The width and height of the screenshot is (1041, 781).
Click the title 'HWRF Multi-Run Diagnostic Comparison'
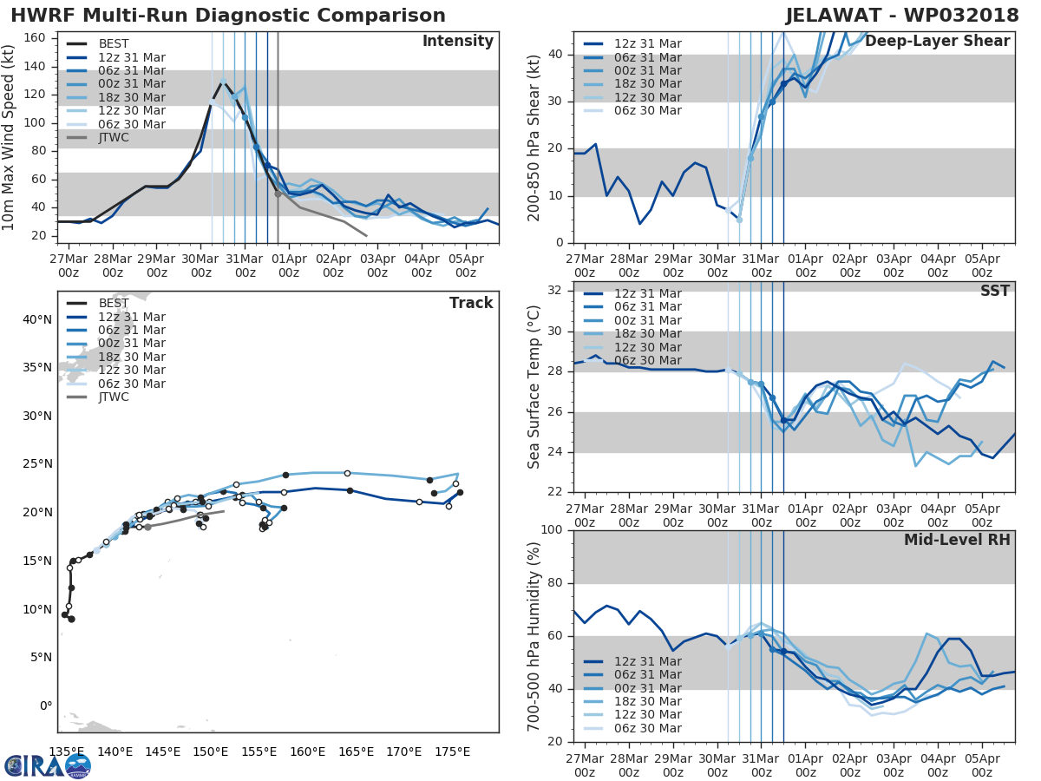[x=228, y=16]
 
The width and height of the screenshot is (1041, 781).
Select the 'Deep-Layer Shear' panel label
[x=937, y=42]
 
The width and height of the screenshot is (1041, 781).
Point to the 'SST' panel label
[x=995, y=291]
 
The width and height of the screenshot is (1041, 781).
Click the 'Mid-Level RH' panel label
[x=957, y=540]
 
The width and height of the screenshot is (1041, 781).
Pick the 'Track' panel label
[x=471, y=303]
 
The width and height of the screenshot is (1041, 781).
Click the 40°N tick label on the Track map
[x=37, y=319]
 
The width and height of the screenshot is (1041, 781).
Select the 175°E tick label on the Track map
[x=452, y=751]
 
